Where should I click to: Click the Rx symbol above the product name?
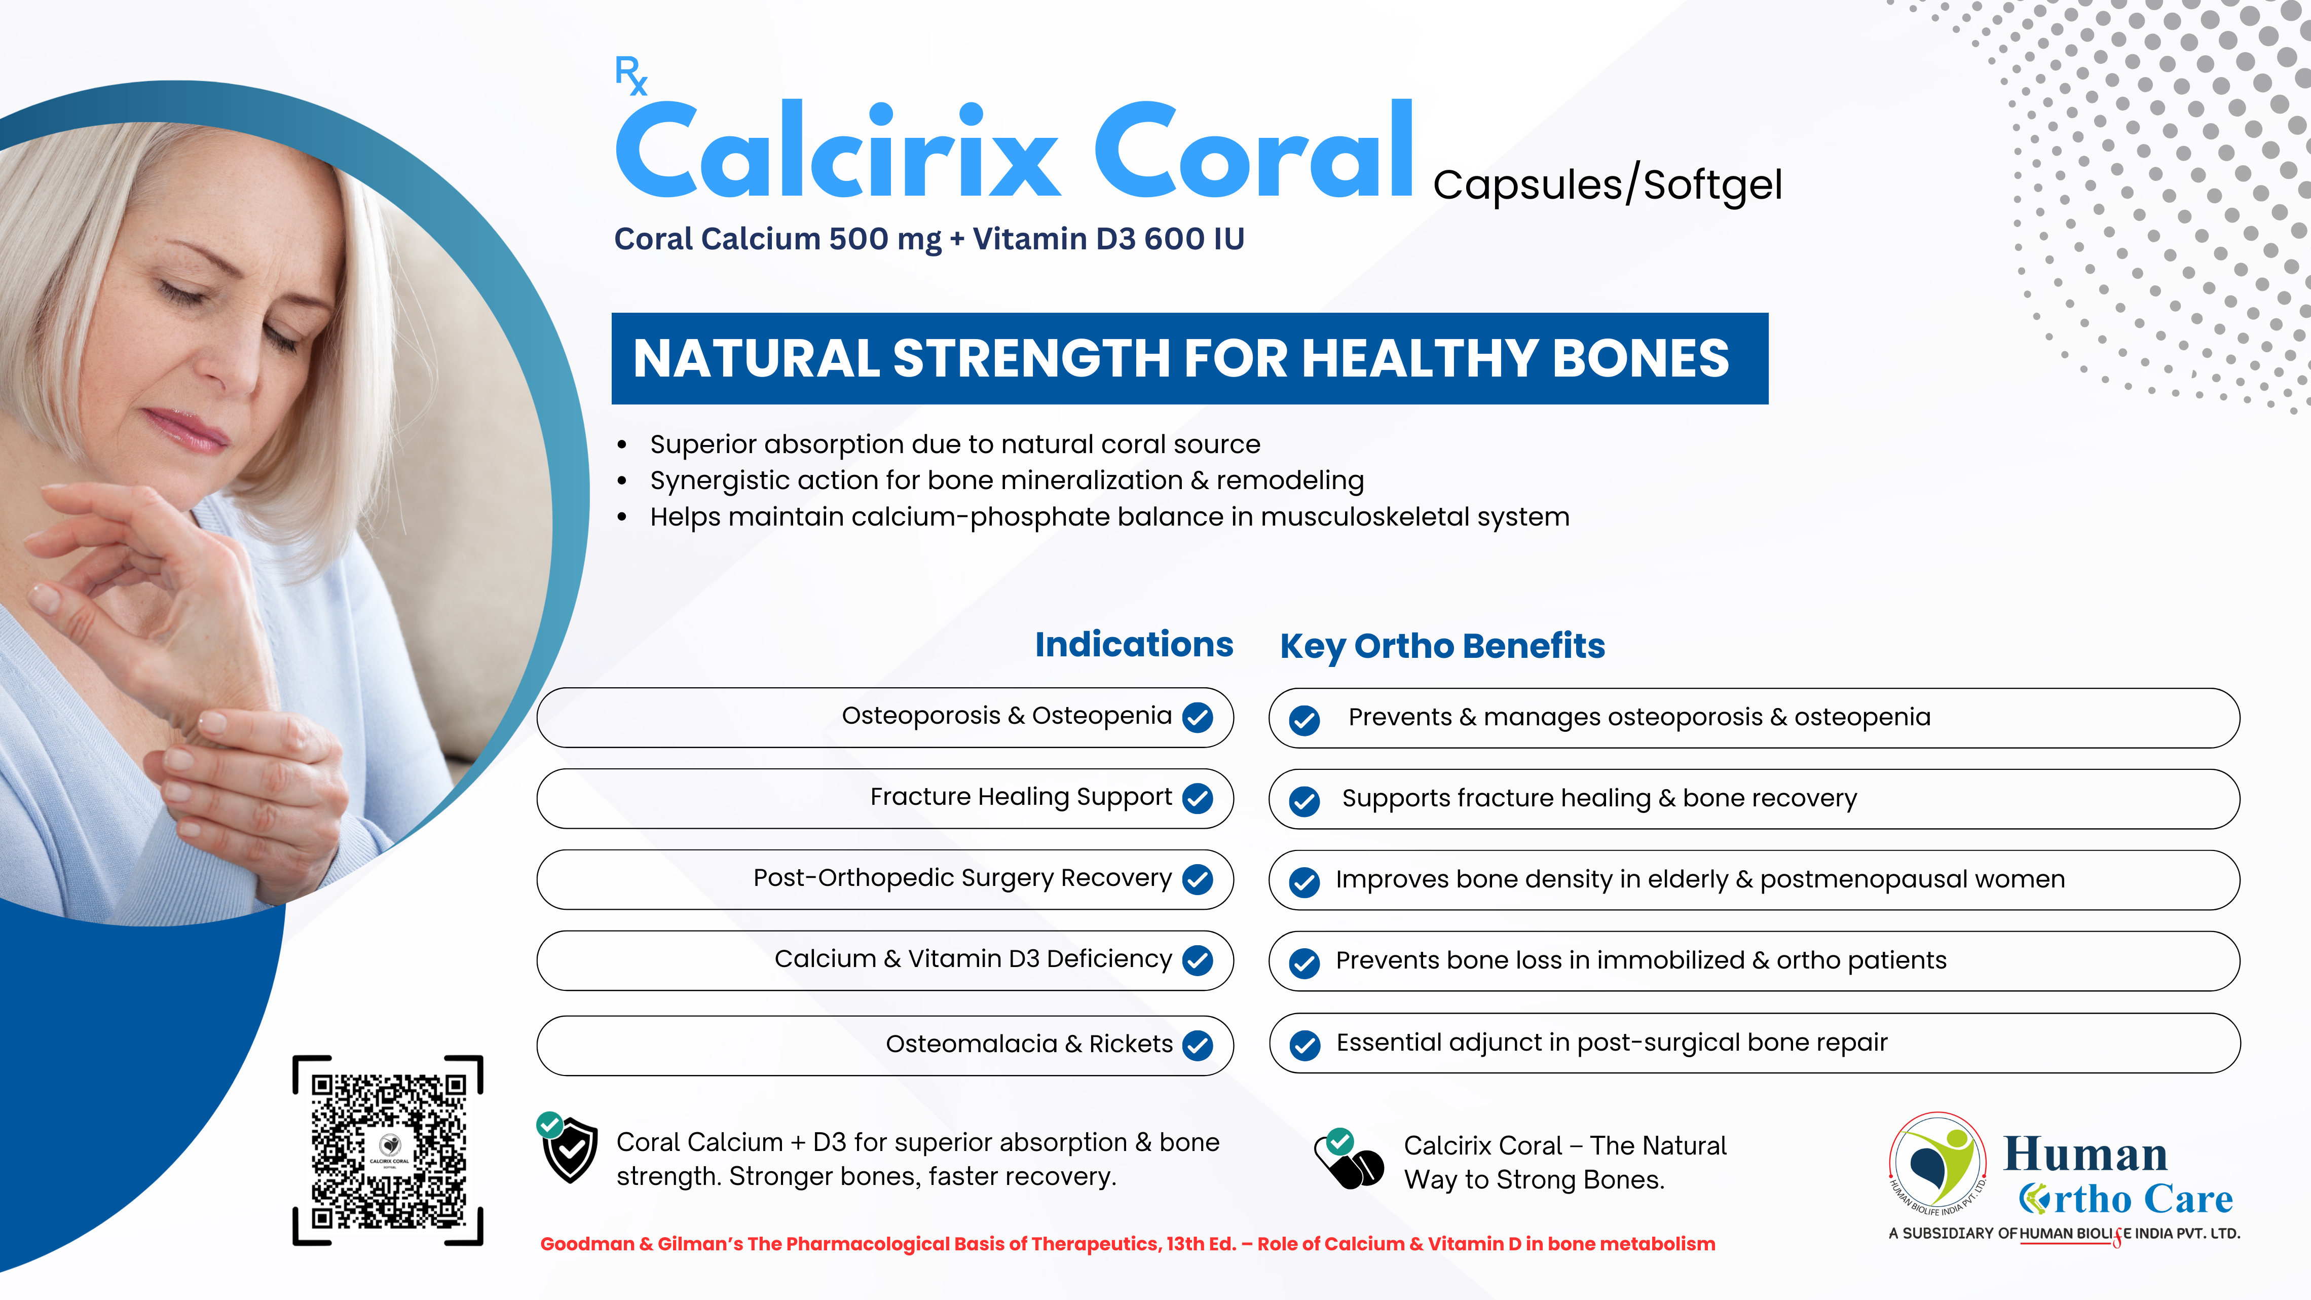click(x=630, y=76)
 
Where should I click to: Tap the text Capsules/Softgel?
click(x=1607, y=185)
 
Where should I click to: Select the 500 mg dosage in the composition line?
click(x=884, y=239)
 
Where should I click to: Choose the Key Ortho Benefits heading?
click(x=1442, y=647)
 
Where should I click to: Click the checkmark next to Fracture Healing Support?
click(x=1198, y=798)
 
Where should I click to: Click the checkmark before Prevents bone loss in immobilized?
click(x=1304, y=962)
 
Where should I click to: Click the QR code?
click(x=388, y=1150)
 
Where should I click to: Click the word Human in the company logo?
click(x=2085, y=1154)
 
